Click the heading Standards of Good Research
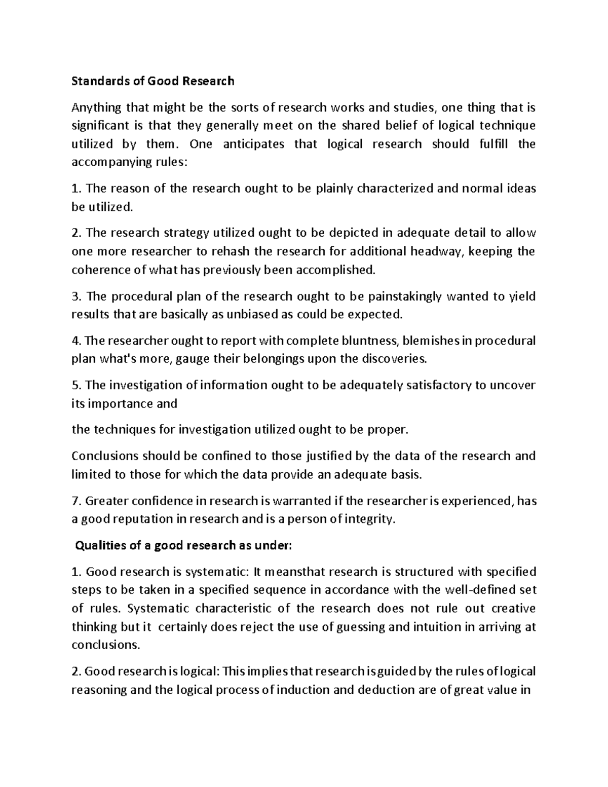(x=153, y=81)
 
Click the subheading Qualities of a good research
(x=183, y=545)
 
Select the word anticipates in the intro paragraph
(x=254, y=144)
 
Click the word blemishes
(x=432, y=341)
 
